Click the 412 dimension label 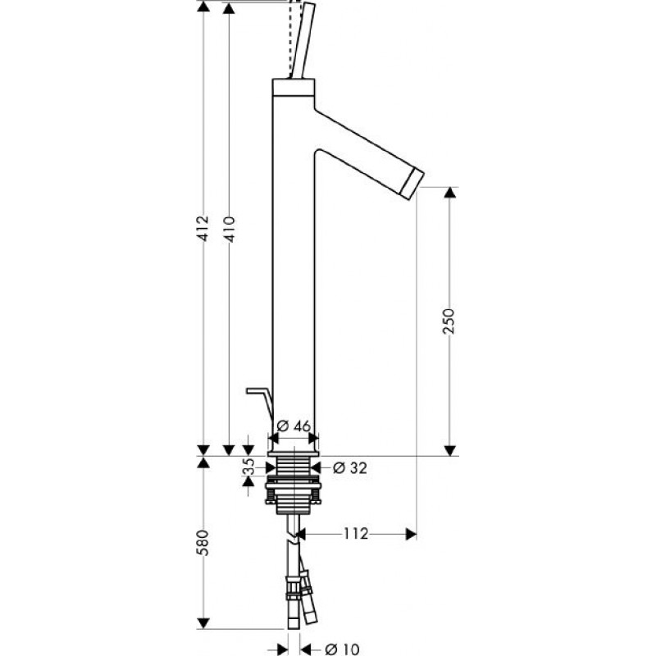(203, 228)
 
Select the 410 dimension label (229, 229)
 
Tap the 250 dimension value (449, 321)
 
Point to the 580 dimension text (203, 543)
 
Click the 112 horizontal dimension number (356, 534)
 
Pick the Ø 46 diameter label (294, 426)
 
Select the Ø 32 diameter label (350, 467)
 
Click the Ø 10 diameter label (342, 649)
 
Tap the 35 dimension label (248, 467)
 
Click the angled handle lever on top (303, 41)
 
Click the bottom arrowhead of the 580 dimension (203, 623)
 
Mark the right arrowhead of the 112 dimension (412, 534)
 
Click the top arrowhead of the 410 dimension (229, 7)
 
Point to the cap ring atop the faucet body (294, 86)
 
